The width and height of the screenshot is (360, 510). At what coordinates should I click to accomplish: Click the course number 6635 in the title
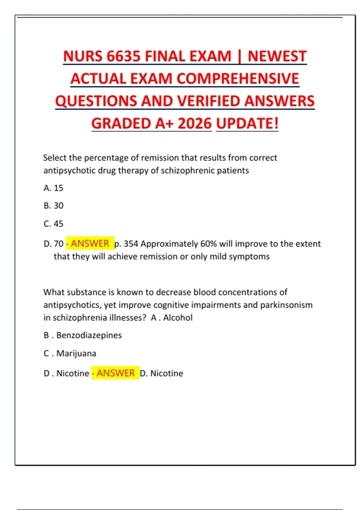pyautogui.click(x=123, y=56)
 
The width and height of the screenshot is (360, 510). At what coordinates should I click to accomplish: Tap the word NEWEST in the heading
pyautogui.click(x=277, y=56)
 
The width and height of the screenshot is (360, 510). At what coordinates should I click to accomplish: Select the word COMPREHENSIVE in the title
pyautogui.click(x=238, y=79)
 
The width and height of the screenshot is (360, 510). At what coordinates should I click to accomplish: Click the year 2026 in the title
pyautogui.click(x=195, y=124)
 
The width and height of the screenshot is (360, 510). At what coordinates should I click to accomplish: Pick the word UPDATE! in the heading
pyautogui.click(x=247, y=124)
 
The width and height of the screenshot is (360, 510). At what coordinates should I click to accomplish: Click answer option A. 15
pyautogui.click(x=53, y=188)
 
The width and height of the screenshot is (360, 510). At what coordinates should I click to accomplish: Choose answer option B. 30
pyautogui.click(x=53, y=206)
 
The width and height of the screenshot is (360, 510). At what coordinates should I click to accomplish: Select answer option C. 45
pyautogui.click(x=53, y=224)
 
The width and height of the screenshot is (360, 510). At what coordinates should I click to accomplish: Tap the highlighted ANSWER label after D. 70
pyautogui.click(x=90, y=243)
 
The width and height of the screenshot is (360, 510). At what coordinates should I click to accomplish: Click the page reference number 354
pyautogui.click(x=131, y=244)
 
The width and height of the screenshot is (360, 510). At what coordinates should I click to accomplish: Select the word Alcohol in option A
pyautogui.click(x=178, y=318)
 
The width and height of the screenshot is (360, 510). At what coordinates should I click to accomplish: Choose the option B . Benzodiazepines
pyautogui.click(x=82, y=335)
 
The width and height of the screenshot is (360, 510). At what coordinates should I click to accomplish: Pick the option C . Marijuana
pyautogui.click(x=70, y=353)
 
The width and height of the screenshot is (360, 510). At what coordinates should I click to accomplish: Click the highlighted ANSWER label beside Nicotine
pyautogui.click(x=115, y=373)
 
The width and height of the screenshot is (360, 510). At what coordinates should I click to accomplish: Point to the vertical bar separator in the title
pyautogui.click(x=239, y=56)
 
